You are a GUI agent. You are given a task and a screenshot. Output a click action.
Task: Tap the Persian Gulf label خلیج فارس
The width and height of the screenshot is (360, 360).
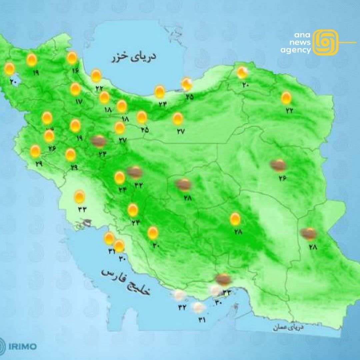point(126,282)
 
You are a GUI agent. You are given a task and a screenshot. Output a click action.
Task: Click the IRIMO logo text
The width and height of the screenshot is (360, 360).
point(23,346)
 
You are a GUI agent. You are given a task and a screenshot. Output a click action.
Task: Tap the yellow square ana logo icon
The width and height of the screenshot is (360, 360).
point(326,42)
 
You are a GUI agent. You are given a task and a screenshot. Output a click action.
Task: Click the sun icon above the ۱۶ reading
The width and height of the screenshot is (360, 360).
point(72,58)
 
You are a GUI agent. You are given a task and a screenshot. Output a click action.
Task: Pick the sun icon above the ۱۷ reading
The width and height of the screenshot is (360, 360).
point(75,89)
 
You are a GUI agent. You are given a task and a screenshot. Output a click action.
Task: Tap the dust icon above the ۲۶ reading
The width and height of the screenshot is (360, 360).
point(278,165)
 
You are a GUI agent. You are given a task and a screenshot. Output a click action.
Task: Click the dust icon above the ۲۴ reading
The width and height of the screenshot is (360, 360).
point(99,142)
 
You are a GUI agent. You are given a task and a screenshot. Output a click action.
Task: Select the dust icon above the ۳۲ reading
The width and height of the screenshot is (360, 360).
point(135,172)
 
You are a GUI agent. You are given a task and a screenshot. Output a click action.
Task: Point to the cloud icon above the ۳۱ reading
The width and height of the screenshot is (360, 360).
point(199,307)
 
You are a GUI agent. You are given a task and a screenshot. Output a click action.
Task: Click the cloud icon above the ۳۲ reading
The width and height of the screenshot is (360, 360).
point(180,295)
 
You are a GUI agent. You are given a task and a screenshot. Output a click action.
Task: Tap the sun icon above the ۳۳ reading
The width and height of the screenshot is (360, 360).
point(79,197)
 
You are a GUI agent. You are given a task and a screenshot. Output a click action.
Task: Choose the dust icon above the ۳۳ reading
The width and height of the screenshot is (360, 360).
point(223,279)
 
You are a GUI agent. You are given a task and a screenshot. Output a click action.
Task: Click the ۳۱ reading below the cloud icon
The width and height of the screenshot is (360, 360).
point(202,320)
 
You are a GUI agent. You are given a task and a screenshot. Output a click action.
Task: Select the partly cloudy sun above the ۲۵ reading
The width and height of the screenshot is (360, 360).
point(187,84)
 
